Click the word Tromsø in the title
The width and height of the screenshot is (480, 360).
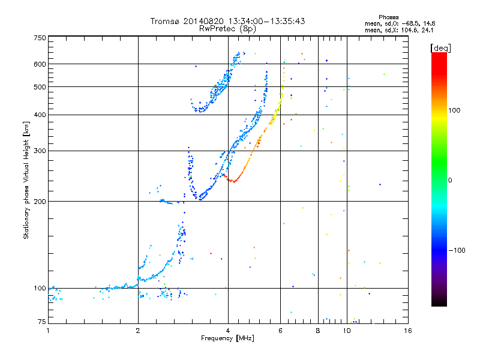click(x=164, y=21)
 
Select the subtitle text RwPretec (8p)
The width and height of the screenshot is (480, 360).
click(x=227, y=29)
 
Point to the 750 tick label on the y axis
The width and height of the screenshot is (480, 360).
click(x=40, y=38)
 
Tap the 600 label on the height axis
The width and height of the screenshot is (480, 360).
click(x=40, y=64)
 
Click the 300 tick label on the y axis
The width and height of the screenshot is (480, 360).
click(x=40, y=151)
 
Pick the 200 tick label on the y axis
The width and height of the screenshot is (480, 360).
click(x=40, y=202)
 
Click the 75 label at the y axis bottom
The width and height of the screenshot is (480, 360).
click(x=42, y=322)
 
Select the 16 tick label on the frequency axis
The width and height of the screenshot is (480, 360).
click(x=408, y=331)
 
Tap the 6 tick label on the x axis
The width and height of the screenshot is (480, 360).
click(x=280, y=331)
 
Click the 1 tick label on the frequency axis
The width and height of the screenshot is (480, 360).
click(x=49, y=331)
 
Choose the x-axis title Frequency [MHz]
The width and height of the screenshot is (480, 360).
click(x=227, y=338)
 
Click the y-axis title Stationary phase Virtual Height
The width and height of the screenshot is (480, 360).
click(x=26, y=181)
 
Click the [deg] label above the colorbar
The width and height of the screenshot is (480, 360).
click(x=440, y=48)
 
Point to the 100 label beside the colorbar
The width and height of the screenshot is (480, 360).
click(x=454, y=110)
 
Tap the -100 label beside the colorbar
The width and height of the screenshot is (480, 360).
click(x=457, y=250)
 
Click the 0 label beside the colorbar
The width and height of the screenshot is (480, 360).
click(x=450, y=181)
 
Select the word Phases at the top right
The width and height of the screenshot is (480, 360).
click(x=388, y=17)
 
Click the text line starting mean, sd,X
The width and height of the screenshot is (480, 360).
click(x=399, y=31)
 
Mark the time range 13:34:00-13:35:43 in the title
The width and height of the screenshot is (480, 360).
click(x=266, y=21)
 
